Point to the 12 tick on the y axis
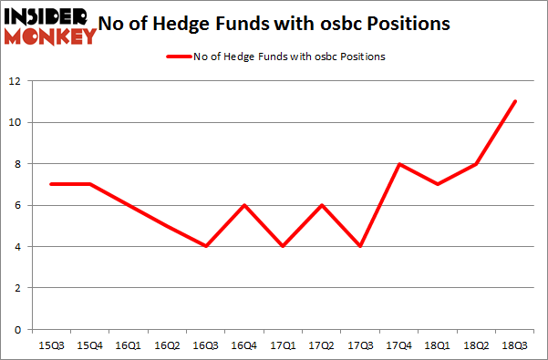coord(16,81)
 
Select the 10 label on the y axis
coord(16,122)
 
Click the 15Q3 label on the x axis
coord(53,345)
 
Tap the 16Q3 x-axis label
coord(207,345)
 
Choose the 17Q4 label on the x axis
coord(399,345)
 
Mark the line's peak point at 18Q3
coord(515,101)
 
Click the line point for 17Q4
coord(399,164)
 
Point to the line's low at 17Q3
coord(361,246)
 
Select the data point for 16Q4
coord(245,205)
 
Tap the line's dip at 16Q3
coord(207,246)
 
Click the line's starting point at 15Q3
coord(53,184)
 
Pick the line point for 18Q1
coord(438,184)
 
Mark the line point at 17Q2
coord(323,205)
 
